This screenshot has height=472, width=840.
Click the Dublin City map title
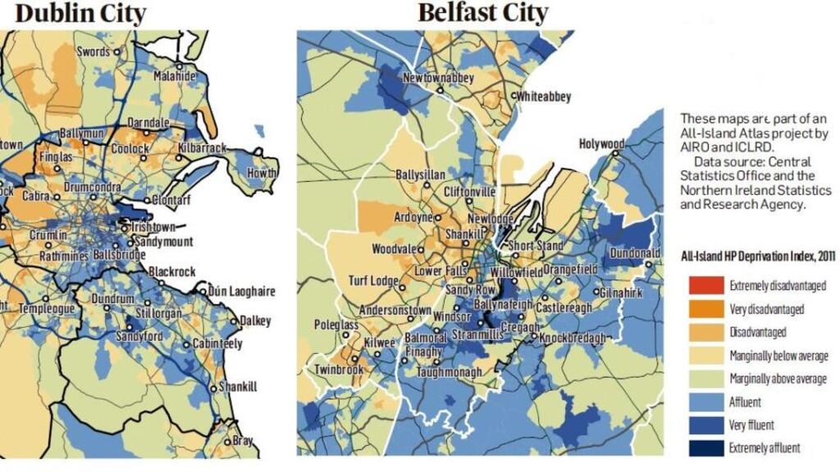click(x=80, y=13)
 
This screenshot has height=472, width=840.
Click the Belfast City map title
click(x=483, y=13)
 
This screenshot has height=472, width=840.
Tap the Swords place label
click(x=94, y=52)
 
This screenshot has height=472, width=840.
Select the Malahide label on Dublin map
click(x=175, y=76)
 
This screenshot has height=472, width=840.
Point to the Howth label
click(x=262, y=174)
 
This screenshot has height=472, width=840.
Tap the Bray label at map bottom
click(x=244, y=441)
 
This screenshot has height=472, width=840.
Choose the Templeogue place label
click(x=47, y=309)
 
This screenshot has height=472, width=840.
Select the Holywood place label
click(x=601, y=144)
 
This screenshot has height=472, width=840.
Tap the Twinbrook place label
click(x=339, y=370)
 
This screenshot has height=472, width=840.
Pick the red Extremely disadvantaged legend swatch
click(x=705, y=286)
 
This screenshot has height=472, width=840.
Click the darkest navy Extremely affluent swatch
click(x=705, y=447)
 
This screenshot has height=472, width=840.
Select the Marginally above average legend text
click(x=778, y=379)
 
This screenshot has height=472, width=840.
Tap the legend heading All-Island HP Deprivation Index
click(x=758, y=256)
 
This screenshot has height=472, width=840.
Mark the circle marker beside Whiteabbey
click(x=515, y=97)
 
